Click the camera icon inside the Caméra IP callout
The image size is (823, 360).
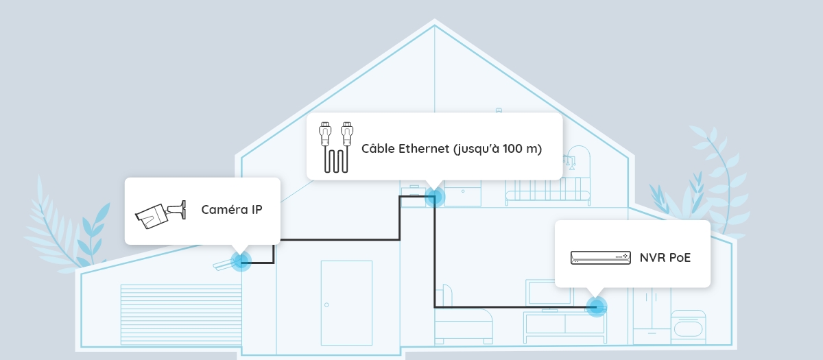(160, 213)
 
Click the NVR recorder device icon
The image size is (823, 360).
(600, 258)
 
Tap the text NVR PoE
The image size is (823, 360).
(665, 258)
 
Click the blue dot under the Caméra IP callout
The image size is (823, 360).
(240, 261)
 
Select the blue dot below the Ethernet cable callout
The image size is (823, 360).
(434, 198)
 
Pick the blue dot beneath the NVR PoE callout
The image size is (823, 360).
(597, 307)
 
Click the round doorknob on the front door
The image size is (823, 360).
(326, 304)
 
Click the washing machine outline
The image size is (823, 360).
(688, 328)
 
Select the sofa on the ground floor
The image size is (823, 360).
(464, 322)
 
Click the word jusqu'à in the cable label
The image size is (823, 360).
(478, 149)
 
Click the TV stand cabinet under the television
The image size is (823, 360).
(564, 328)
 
